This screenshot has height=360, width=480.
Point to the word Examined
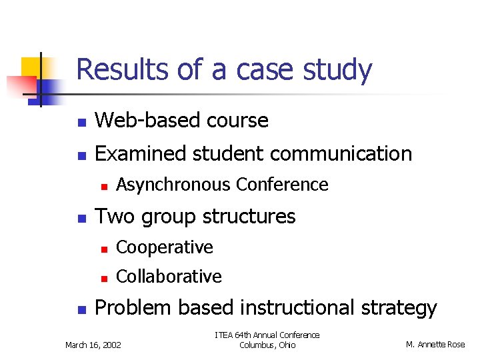[x=141, y=154]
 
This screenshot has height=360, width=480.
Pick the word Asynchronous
[x=174, y=185]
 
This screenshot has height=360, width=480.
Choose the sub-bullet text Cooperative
[x=165, y=247]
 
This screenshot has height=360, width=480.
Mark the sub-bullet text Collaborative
[x=169, y=276]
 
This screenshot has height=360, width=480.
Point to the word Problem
[x=133, y=308]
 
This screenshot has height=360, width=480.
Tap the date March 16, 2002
[x=93, y=345]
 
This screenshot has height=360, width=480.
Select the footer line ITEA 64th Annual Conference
[x=267, y=335]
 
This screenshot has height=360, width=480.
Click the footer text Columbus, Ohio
[x=267, y=345]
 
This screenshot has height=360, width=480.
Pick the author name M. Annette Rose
[x=436, y=345]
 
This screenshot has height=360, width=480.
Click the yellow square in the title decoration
[x=31, y=67]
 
